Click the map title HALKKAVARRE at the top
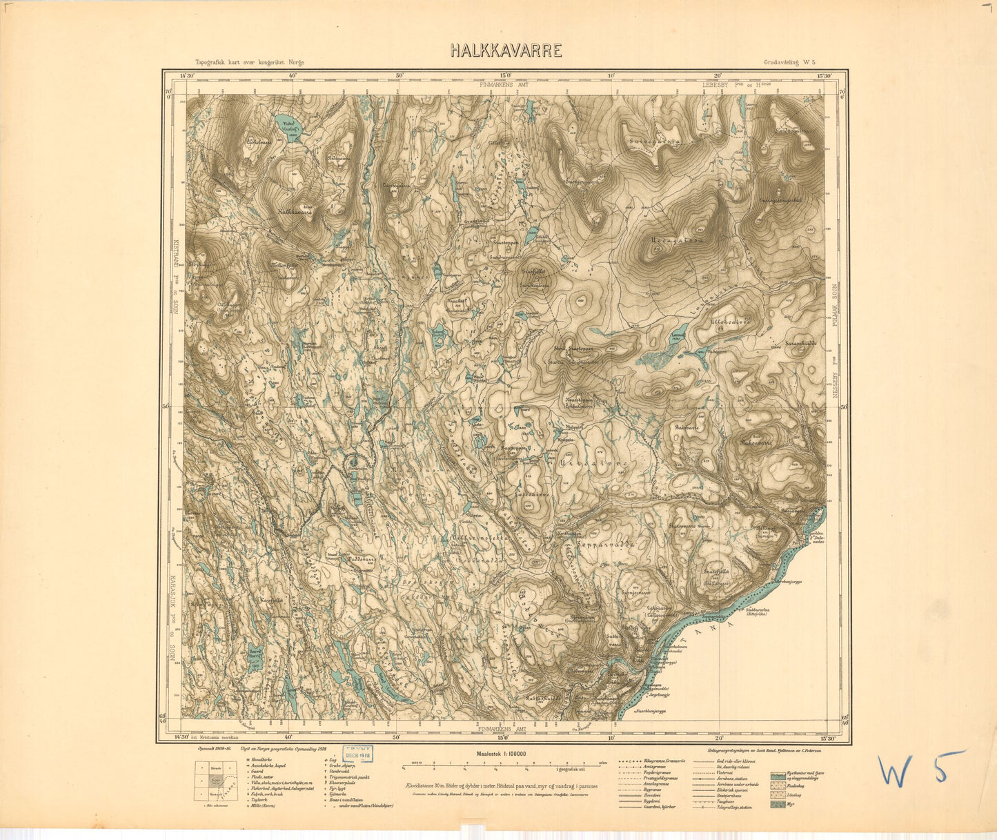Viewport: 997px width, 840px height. click(x=506, y=50)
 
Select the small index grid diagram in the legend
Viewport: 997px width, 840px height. click(x=215, y=781)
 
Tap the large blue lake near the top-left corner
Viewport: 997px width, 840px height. click(x=285, y=125)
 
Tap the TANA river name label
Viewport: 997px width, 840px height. click(x=742, y=619)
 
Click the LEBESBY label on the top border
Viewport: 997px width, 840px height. click(x=717, y=85)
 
